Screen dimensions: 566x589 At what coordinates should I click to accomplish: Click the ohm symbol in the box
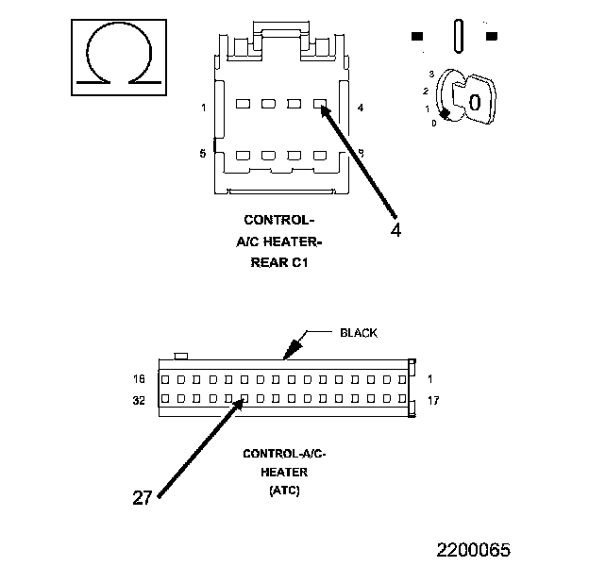[x=121, y=58]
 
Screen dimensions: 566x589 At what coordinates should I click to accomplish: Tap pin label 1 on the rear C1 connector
[x=203, y=108]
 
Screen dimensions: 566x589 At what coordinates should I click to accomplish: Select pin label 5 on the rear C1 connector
[x=203, y=153]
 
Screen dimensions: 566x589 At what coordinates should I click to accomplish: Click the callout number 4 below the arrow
[x=395, y=229]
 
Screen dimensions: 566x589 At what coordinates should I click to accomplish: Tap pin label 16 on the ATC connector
[x=140, y=380]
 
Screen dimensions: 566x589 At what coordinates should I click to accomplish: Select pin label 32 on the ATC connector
[x=140, y=400]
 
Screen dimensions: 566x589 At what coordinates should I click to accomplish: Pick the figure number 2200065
[x=473, y=548]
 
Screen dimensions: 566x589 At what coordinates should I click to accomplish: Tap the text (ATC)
[x=284, y=491]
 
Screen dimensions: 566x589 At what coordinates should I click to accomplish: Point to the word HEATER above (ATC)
[x=284, y=472]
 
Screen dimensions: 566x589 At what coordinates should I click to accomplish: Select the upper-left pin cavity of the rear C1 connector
[x=243, y=104]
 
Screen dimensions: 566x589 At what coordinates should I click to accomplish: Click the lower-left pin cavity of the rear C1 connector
[x=243, y=155]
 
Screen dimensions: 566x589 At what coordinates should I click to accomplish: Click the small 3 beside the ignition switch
[x=430, y=74]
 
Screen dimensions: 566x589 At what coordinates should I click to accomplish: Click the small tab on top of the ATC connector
[x=183, y=356]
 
